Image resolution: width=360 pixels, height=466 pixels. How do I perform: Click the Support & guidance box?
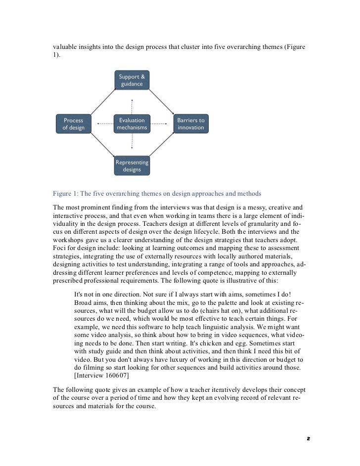(132, 81)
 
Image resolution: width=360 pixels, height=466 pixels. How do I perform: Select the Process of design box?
(73, 124)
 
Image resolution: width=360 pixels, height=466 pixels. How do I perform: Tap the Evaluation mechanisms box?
(132, 124)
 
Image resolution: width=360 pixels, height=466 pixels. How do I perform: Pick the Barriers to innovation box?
(191, 124)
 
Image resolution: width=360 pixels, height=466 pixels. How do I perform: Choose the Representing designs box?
(132, 166)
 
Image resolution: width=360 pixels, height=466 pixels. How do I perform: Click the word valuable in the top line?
(66, 47)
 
